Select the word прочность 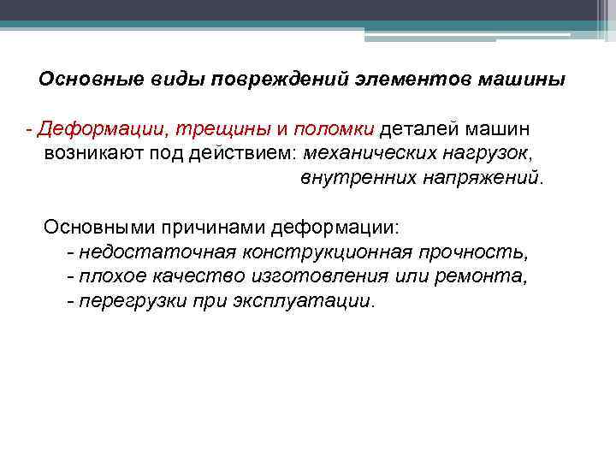(475, 253)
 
